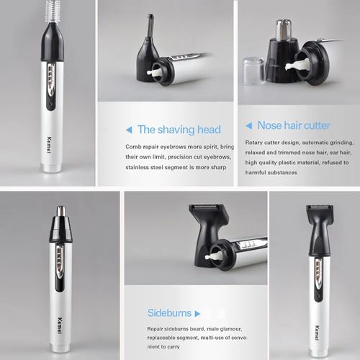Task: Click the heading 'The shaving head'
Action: click(x=179, y=130)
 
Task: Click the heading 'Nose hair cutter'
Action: click(x=294, y=125)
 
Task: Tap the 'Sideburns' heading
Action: click(x=169, y=313)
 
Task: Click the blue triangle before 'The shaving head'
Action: click(x=129, y=130)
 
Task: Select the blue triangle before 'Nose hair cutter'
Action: click(x=249, y=125)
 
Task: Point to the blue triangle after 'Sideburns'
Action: click(x=197, y=314)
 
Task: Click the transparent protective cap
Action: click(x=254, y=71)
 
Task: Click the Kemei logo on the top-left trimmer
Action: click(x=49, y=145)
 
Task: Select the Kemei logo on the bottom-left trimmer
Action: click(x=60, y=325)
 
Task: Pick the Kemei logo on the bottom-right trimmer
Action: click(x=318, y=333)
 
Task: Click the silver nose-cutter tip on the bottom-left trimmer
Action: click(x=61, y=211)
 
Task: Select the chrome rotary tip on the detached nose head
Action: click(x=284, y=28)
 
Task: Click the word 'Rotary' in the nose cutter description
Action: click(x=253, y=143)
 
